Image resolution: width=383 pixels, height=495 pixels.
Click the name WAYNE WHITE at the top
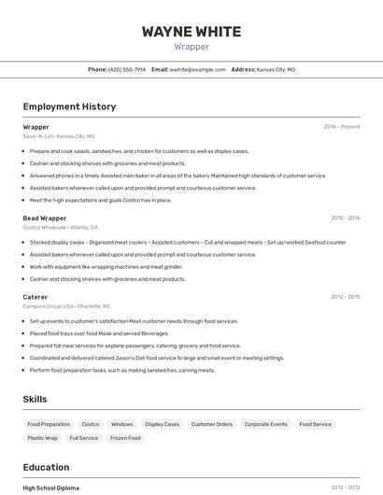point(191,31)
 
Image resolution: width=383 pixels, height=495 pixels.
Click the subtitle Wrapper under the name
point(191,47)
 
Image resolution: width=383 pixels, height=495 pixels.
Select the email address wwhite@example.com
point(197,69)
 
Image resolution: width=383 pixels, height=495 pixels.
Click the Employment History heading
point(69,106)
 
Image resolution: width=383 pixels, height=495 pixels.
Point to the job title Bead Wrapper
point(45,218)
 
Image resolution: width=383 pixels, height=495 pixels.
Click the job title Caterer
point(35,297)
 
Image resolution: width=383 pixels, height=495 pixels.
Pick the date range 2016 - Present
point(341,127)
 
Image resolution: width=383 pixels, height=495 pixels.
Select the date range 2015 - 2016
point(345,218)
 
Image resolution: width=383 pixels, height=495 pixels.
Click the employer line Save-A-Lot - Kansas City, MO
point(59,135)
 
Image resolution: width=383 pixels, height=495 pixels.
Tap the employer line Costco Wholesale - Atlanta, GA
point(60,227)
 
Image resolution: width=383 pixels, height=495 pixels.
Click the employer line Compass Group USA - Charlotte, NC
point(66,306)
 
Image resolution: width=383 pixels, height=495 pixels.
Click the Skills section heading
point(35,399)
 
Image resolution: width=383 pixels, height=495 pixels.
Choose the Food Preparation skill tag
point(49,424)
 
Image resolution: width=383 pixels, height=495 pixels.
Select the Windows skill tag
point(122,424)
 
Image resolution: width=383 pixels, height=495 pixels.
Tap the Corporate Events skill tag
point(265,424)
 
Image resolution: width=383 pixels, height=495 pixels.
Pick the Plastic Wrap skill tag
point(42,438)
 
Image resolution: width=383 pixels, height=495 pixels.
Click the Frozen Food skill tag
point(125,438)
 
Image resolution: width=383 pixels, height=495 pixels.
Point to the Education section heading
point(46,467)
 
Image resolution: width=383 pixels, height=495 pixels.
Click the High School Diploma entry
point(51,488)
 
